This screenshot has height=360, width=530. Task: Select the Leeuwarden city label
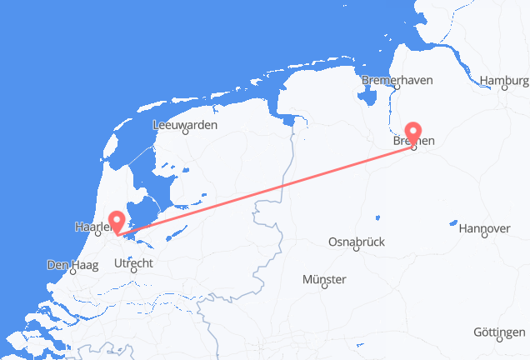184,125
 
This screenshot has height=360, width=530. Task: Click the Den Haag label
73,266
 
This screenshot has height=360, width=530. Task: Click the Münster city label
324,280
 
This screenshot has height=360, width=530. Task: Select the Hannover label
483,228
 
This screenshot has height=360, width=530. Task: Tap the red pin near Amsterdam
117,221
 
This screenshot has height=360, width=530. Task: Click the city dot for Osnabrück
356,249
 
